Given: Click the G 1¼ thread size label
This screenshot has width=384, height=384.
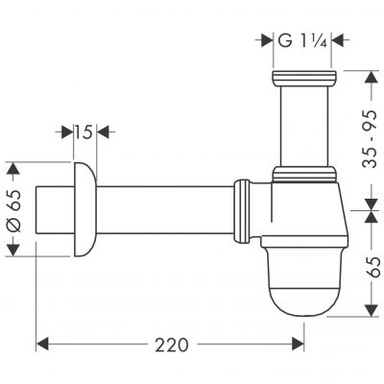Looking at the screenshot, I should point(303,40).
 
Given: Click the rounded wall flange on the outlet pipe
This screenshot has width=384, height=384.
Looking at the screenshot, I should point(84,208).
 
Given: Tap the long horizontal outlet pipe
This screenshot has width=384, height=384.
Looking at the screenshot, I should point(163,208).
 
